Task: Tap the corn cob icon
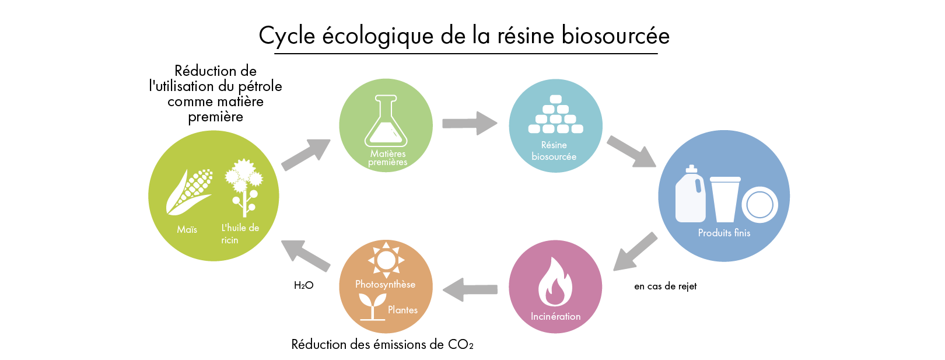(x=190, y=191)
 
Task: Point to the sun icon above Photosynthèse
(x=386, y=259)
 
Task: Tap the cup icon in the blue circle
(x=724, y=199)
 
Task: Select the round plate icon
(x=759, y=205)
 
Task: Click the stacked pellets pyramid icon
(x=555, y=114)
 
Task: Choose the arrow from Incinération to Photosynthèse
(x=470, y=289)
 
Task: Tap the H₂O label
(x=303, y=285)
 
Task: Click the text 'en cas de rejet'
(x=665, y=286)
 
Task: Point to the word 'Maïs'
(x=187, y=229)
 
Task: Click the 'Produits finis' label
(x=724, y=233)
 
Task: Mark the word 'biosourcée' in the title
(x=615, y=36)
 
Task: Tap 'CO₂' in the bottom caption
(x=460, y=344)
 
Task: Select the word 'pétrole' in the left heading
(x=260, y=86)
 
